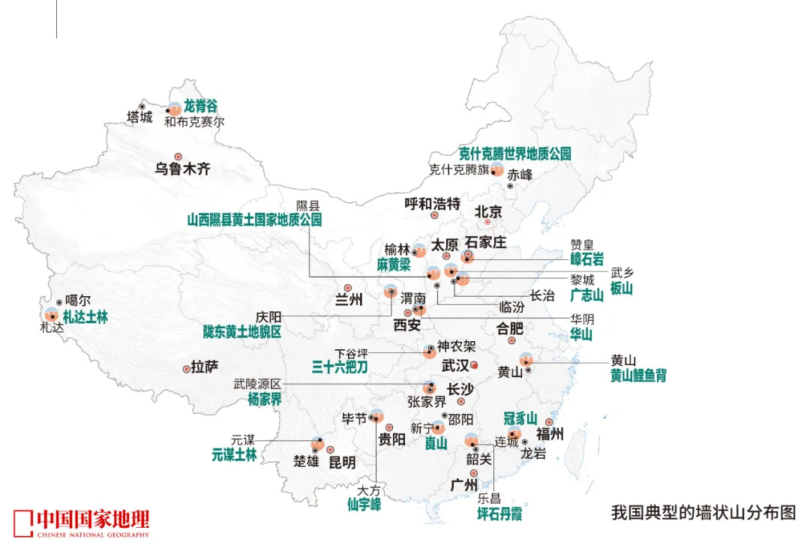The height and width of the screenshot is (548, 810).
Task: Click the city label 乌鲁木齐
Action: (x=183, y=169)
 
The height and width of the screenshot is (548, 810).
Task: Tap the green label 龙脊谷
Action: (x=200, y=107)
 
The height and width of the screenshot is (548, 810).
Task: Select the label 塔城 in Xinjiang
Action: (x=139, y=118)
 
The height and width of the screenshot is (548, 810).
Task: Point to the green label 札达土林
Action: (x=85, y=317)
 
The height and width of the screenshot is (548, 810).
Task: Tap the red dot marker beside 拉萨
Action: (x=187, y=369)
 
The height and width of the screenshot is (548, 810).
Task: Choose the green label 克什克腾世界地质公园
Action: (x=515, y=154)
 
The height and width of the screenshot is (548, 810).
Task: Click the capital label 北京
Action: (x=487, y=211)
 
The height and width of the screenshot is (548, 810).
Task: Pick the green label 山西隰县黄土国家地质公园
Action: (x=254, y=220)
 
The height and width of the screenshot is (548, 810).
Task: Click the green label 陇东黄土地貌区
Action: (x=242, y=331)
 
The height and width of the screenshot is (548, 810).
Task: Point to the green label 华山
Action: (x=580, y=334)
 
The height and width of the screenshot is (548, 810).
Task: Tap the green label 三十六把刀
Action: (x=340, y=367)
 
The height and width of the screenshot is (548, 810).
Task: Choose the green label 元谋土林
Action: (x=234, y=454)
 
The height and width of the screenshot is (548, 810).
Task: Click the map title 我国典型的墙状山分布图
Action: (x=703, y=514)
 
